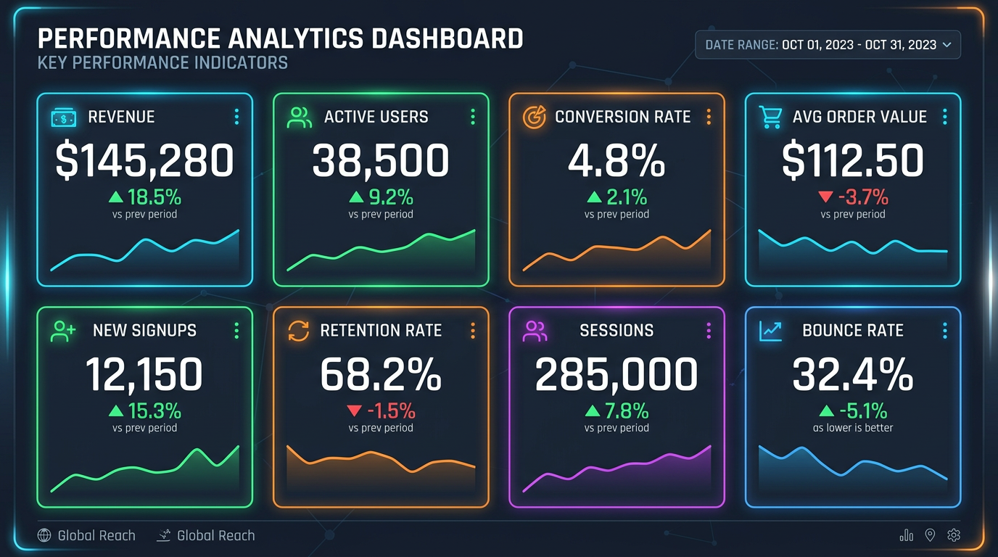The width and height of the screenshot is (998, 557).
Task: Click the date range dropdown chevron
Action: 947,45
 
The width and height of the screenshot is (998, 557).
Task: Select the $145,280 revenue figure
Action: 144,161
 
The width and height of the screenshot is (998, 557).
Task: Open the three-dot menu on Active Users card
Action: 473,117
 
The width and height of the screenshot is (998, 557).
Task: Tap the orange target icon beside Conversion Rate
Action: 535,117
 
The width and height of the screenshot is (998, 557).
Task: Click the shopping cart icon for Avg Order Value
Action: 770,117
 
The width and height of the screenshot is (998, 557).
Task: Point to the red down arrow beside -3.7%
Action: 825,197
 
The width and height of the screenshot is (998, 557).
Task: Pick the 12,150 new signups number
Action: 144,375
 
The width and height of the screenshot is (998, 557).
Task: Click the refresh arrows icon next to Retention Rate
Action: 298,331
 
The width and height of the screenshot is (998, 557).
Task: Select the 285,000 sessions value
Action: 616,375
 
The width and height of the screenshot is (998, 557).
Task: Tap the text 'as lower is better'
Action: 853,428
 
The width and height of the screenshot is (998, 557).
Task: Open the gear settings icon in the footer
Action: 954,535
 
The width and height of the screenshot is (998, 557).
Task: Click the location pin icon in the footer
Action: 930,535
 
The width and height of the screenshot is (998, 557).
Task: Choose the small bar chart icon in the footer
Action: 906,536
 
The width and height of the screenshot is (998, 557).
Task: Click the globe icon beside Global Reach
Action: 44,536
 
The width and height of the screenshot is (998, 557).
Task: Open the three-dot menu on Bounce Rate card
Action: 944,331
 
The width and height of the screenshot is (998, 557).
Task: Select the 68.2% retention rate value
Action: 381,375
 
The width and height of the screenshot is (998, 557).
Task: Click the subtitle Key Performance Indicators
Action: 162,63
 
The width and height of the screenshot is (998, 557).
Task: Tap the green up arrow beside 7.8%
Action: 593,411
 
